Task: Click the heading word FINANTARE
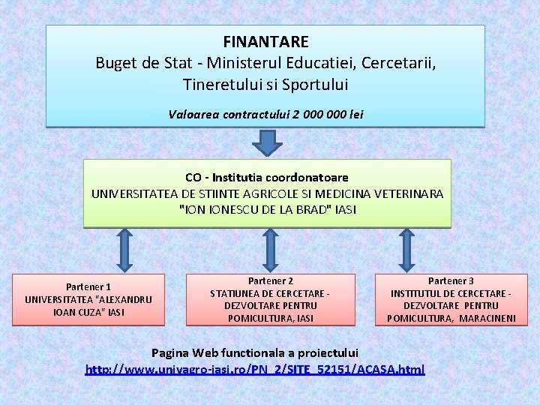(265, 42)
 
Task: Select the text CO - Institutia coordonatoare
(267, 178)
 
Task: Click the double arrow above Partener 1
(125, 250)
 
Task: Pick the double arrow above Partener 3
(406, 250)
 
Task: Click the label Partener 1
(88, 286)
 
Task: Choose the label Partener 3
(451, 280)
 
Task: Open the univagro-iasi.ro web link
(255, 369)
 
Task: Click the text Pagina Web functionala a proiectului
(255, 352)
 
